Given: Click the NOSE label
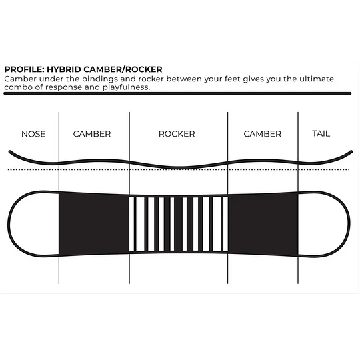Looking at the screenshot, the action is [x=33, y=134].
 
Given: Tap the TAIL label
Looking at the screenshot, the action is [x=321, y=133].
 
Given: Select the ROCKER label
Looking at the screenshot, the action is [x=177, y=134].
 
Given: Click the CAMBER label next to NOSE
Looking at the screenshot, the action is [x=92, y=134].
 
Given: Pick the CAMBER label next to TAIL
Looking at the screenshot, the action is [x=263, y=134].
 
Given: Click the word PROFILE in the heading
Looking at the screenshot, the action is [x=25, y=69].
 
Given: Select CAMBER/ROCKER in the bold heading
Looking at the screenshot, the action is [x=123, y=69].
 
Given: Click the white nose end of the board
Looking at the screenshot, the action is [x=34, y=223].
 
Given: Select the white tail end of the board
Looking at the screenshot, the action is [x=324, y=223].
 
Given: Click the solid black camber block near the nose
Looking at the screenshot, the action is [x=94, y=223].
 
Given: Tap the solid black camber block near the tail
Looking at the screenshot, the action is [x=263, y=223].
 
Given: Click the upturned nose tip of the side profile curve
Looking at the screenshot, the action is [x=10, y=151].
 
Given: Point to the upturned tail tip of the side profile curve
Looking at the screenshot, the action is [x=351, y=151].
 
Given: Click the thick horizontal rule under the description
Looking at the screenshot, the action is [x=177, y=93].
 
